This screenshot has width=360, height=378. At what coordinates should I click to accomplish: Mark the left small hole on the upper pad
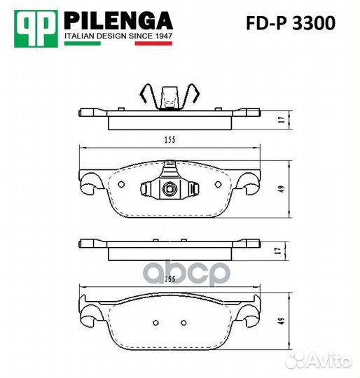click(121, 185)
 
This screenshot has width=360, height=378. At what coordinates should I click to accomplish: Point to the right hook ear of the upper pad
click(251, 183)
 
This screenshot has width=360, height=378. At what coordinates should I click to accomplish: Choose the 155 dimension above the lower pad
click(170, 279)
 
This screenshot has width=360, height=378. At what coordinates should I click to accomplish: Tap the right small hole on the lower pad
click(183, 323)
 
